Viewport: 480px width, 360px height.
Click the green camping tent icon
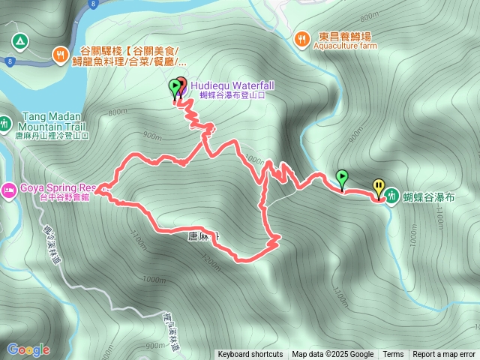(19, 39)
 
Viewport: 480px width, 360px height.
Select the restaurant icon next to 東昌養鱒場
(301, 37)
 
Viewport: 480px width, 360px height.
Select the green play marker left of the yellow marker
(342, 178)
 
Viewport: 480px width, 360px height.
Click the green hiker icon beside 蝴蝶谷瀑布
(392, 197)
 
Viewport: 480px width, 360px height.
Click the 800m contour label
(118, 112)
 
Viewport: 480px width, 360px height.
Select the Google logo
(28, 349)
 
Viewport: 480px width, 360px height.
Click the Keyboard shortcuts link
(250, 355)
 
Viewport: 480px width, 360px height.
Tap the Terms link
(393, 355)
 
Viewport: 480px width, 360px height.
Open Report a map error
(445, 355)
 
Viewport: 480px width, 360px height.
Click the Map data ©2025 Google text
(333, 355)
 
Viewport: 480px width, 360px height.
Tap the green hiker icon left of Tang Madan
(5, 122)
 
